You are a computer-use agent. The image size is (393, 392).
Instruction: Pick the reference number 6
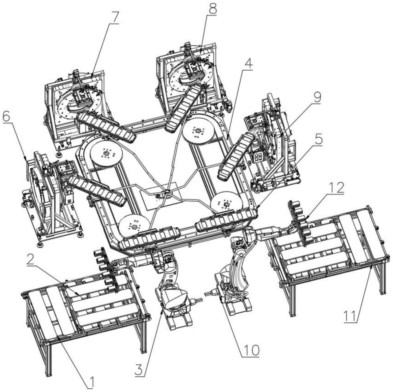(8, 117)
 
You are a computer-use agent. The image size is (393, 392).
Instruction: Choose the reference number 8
(212, 9)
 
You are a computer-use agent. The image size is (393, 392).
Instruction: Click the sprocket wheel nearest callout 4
(199, 131)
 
